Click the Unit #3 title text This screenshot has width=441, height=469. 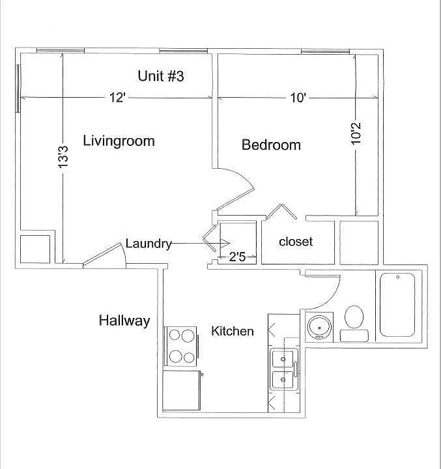[x=161, y=76]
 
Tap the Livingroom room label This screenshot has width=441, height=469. [x=119, y=141]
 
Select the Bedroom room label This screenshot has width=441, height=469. [x=271, y=145]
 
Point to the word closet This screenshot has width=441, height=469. [x=296, y=242]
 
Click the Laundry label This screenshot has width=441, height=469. [x=149, y=244]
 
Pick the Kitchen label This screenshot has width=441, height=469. [x=233, y=331]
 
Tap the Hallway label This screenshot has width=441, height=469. [x=124, y=320]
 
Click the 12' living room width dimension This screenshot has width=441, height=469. [x=117, y=98]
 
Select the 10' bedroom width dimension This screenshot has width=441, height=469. [x=298, y=98]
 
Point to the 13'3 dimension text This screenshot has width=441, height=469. [x=63, y=156]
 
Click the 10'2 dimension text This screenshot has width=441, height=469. [x=356, y=134]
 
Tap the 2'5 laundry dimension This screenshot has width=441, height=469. [x=237, y=257]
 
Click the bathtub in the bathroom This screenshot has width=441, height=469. [x=397, y=304]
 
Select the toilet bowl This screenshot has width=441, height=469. [x=354, y=317]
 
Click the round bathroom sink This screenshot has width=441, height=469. [x=320, y=328]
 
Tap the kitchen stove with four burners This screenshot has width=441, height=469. [x=181, y=347]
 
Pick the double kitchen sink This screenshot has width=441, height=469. [x=284, y=369]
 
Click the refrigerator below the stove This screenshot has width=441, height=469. [x=181, y=391]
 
